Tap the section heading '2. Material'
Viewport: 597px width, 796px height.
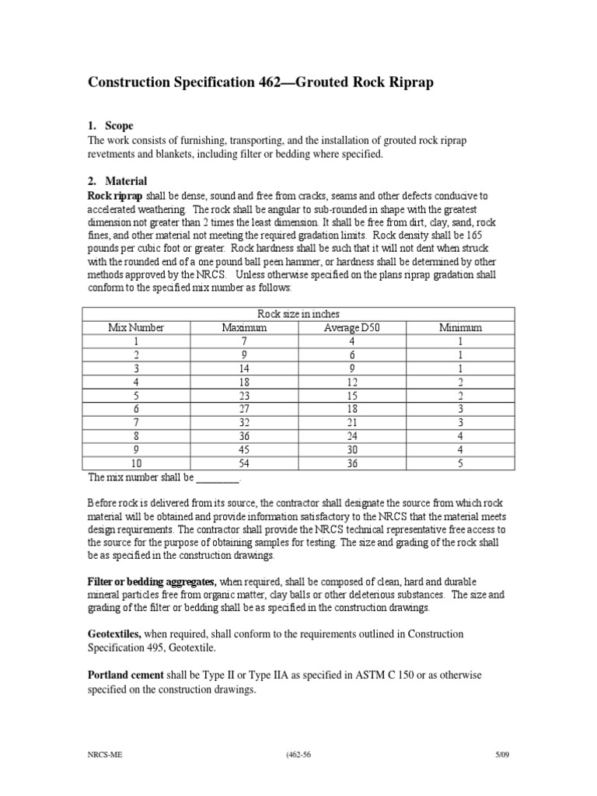click(x=117, y=181)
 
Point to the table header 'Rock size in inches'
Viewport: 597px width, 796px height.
click(x=298, y=314)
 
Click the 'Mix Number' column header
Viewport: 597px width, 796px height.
click(x=135, y=328)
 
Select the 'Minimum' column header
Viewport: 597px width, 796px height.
click(x=460, y=328)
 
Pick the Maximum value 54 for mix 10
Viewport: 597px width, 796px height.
click(x=244, y=463)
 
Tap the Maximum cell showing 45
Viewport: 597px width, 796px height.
click(x=244, y=449)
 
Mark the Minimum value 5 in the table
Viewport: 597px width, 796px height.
click(x=460, y=463)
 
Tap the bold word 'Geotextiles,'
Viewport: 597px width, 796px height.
click(x=114, y=634)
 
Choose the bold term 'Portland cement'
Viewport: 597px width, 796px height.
click(x=125, y=675)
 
